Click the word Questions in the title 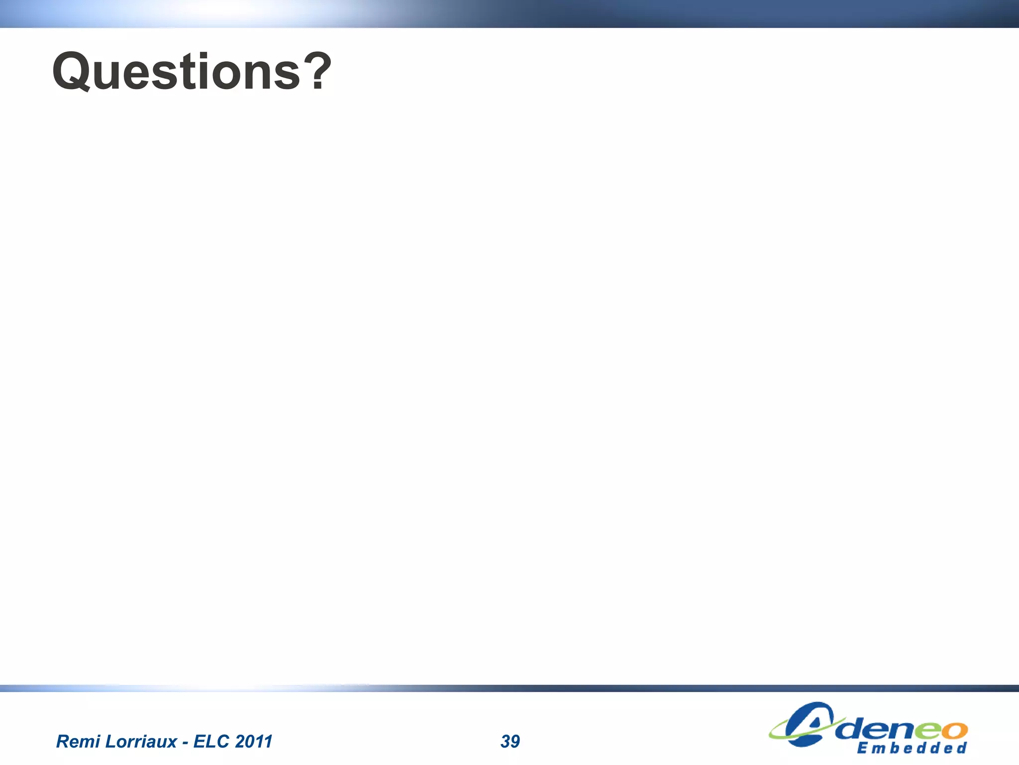pyautogui.click(x=177, y=72)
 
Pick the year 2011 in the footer pyautogui.click(x=253, y=741)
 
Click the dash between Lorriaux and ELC pyautogui.click(x=185, y=742)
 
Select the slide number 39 pyautogui.click(x=510, y=741)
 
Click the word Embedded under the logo pyautogui.click(x=912, y=748)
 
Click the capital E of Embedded pyautogui.click(x=862, y=748)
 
